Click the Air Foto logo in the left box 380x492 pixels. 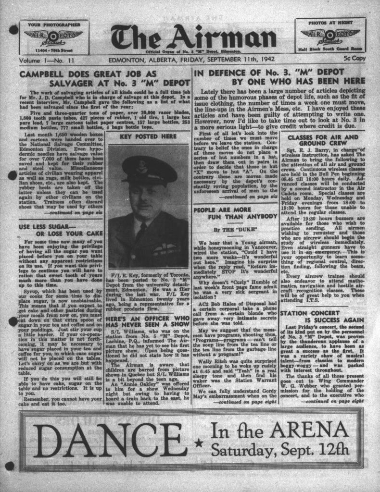pos(53,36)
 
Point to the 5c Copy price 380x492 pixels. pos(355,59)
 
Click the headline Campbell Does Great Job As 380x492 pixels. pos(89,74)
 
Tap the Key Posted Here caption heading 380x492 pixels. pos(147,136)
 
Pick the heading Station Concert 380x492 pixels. pos(308,313)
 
